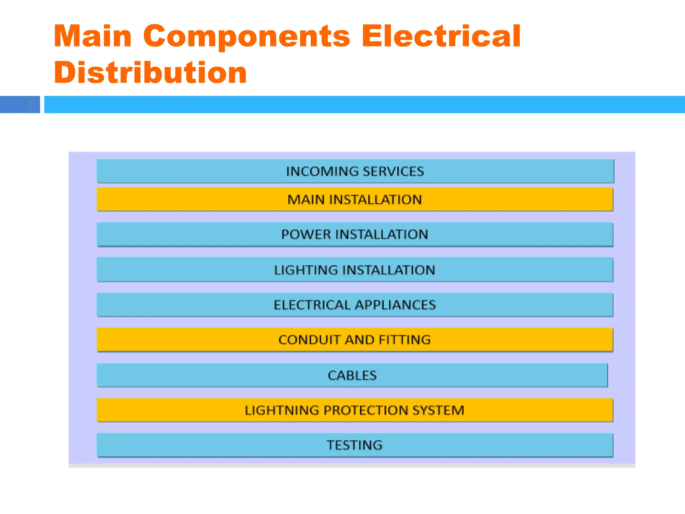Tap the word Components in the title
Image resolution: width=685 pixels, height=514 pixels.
click(x=247, y=37)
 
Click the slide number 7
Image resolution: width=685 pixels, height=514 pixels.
click(x=30, y=104)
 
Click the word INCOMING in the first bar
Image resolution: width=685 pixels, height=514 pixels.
click(x=322, y=171)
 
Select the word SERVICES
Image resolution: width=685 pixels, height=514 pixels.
click(x=393, y=171)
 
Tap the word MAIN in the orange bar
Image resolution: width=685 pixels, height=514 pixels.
click(x=306, y=200)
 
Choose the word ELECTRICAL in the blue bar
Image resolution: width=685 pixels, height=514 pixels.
click(x=312, y=305)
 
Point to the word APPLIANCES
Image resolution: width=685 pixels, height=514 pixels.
click(x=395, y=305)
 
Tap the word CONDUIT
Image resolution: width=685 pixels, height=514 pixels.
click(x=309, y=340)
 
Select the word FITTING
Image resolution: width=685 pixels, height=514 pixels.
click(x=405, y=340)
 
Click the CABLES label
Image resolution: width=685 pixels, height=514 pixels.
click(x=352, y=375)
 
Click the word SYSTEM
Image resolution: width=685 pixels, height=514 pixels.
click(x=438, y=410)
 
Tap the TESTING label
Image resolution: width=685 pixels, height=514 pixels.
click(x=355, y=445)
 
